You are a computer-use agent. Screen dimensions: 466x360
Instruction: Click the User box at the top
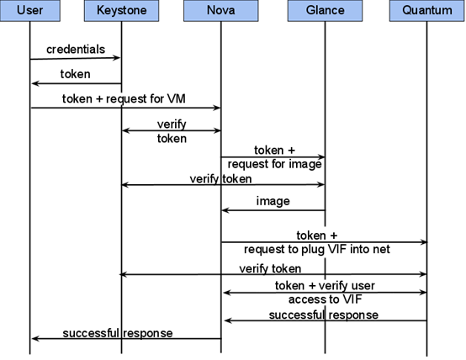30,11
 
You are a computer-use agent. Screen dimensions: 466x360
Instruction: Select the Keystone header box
122,11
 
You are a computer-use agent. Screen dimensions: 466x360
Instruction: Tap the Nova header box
221,11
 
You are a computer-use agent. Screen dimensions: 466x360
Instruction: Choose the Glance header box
325,11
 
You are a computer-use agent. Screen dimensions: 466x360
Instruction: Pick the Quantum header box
427,11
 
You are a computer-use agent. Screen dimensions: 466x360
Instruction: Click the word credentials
76,50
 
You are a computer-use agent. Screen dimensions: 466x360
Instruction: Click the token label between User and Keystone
75,74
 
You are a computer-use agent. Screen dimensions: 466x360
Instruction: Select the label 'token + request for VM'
124,98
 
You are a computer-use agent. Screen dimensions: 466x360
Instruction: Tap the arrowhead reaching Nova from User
217,108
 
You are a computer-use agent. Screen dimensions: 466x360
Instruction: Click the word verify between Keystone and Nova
172,124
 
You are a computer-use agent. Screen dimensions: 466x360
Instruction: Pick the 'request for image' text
274,164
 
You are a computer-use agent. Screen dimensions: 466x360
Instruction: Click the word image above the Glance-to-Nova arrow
273,201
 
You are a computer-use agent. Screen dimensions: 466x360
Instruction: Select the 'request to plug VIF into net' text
317,249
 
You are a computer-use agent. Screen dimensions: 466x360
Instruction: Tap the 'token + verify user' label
325,286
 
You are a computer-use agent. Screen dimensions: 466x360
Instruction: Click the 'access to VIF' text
326,299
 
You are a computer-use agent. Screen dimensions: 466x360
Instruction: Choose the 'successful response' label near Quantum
323,315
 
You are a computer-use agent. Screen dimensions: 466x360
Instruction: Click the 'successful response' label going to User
118,333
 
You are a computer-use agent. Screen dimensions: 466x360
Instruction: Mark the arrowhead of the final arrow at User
35,339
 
